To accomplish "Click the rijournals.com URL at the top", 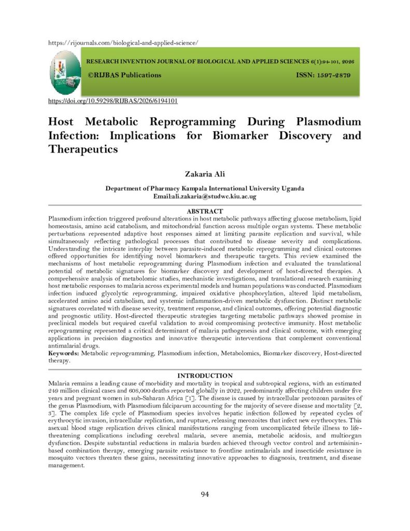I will [x=123, y=43].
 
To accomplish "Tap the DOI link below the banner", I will [x=113, y=101].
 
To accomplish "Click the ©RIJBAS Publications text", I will [x=124, y=75].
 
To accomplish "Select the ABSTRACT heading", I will [x=205, y=212].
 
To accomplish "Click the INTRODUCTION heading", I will [x=205, y=375].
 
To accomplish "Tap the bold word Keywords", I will [x=64, y=353].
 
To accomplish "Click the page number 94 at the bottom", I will [x=205, y=494].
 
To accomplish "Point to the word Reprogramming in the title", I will [x=192, y=122].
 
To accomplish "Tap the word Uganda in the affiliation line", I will [x=292, y=189].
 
